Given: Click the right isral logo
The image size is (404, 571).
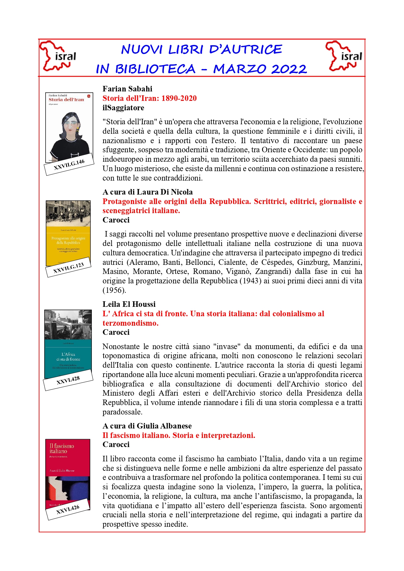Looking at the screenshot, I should [x=344, y=56].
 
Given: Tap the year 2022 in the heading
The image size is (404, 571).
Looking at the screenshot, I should [x=289, y=69].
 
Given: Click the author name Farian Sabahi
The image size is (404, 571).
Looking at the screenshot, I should [x=127, y=89].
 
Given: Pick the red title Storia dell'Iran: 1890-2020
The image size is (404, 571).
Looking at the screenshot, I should [x=149, y=98].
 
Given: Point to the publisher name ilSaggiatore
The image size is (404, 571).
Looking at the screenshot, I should [x=123, y=108].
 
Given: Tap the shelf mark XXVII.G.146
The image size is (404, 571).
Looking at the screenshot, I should [x=69, y=165].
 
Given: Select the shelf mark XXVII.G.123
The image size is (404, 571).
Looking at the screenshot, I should [x=68, y=268].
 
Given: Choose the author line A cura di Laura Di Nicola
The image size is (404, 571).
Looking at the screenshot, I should [x=147, y=192].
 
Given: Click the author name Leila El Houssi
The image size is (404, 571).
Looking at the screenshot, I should [x=129, y=304].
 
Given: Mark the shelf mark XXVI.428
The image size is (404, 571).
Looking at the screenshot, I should [x=68, y=380].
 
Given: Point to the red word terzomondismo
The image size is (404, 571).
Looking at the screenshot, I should [x=130, y=323].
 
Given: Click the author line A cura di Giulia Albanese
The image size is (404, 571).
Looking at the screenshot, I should [x=147, y=426].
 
